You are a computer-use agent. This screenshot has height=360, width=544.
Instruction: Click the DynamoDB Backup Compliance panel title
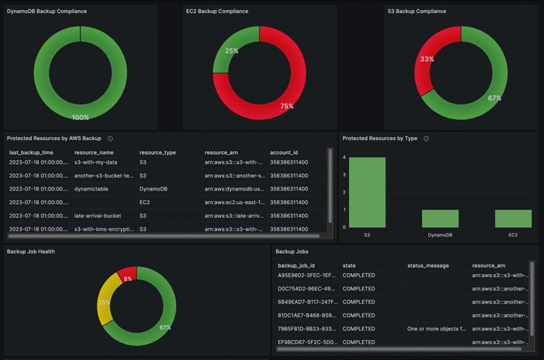pos(47,11)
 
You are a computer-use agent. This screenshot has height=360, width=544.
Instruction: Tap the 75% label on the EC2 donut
pos(287,106)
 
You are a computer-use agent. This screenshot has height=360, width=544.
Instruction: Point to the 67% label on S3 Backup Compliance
pos(495,98)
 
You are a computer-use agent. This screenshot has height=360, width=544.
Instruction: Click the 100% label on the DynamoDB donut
pos(80,117)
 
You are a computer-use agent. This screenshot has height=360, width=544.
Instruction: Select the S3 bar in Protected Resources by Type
pos(367,192)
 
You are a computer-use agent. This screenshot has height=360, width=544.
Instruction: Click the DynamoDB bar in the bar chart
pos(440,219)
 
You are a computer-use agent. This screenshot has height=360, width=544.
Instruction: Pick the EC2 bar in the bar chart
pos(513,219)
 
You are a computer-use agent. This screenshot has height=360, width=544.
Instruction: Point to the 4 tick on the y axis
pos(344,157)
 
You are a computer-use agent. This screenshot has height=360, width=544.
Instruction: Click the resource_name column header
pos(94,152)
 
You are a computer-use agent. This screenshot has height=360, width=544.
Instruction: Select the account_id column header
pos(283,152)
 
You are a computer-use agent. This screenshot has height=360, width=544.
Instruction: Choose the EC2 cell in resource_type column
pos(145,202)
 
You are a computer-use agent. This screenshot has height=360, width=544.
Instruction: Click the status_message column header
pos(428,266)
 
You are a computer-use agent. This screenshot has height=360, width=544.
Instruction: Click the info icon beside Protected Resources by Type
pos(426,138)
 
